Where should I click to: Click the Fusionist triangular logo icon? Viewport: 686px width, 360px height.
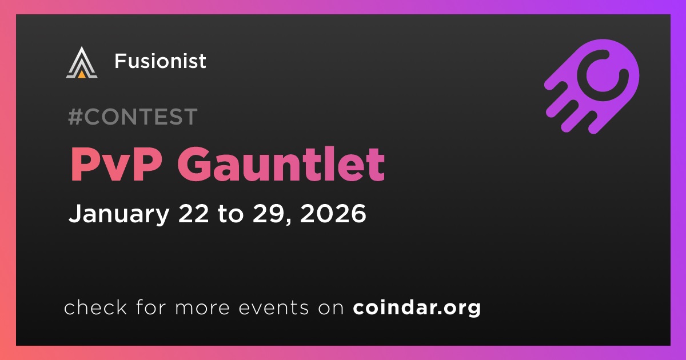[82, 63]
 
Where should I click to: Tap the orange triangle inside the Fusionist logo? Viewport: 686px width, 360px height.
[82, 74]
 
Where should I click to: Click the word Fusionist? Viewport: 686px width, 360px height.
[161, 61]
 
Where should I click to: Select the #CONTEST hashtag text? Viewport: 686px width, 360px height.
[133, 117]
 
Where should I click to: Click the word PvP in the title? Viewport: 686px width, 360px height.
[117, 164]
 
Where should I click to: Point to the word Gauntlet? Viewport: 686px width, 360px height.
[281, 164]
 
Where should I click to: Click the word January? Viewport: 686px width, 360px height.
[119, 214]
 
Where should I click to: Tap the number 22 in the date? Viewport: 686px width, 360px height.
[194, 213]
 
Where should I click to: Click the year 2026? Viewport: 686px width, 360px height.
[333, 213]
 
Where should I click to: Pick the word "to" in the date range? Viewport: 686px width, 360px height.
[230, 214]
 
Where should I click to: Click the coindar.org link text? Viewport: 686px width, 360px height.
[417, 307]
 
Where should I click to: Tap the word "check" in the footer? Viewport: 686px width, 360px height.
[95, 307]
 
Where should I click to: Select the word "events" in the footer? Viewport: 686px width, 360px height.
[273, 307]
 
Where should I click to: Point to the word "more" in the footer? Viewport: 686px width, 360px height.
[202, 308]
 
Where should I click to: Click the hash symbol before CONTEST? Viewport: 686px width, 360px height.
[75, 117]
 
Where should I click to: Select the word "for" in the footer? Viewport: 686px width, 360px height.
[151, 307]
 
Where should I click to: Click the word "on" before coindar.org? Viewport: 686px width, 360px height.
[331, 308]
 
